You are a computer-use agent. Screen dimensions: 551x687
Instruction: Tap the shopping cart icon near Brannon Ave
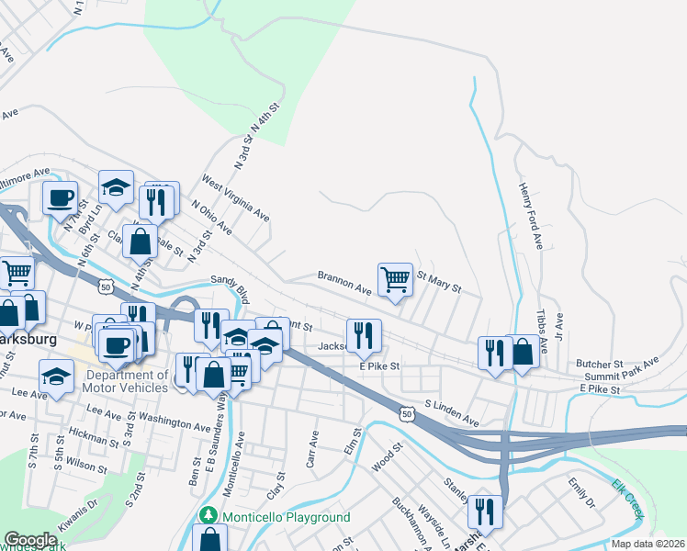click(395, 277)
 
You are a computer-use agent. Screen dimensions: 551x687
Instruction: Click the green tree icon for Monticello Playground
click(208, 516)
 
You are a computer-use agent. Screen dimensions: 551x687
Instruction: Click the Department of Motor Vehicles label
click(127, 381)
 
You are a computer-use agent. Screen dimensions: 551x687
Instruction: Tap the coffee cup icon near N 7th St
click(61, 197)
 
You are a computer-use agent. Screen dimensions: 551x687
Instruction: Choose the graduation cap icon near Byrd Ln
click(116, 186)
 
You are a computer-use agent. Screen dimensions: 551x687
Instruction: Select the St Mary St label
click(438, 280)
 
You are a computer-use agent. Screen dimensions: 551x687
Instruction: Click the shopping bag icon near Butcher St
click(523, 351)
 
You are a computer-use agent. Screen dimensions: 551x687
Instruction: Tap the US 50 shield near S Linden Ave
click(406, 414)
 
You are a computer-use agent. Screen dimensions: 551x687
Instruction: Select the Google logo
click(31, 540)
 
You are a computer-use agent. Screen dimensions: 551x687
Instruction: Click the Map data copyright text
click(647, 544)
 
